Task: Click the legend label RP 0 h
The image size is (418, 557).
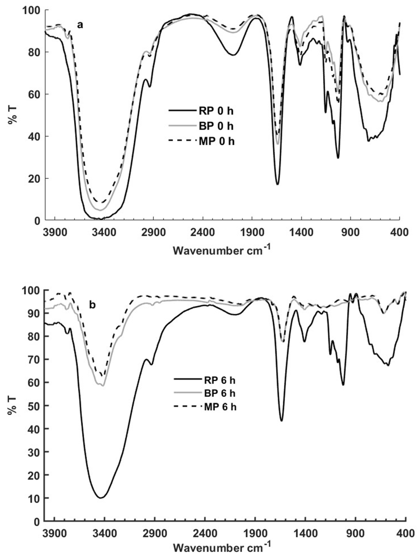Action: [x=216, y=111]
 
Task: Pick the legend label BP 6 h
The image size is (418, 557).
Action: [x=219, y=393]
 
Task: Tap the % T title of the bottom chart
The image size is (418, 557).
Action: [x=12, y=406]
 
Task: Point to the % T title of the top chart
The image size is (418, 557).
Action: [x=12, y=115]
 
